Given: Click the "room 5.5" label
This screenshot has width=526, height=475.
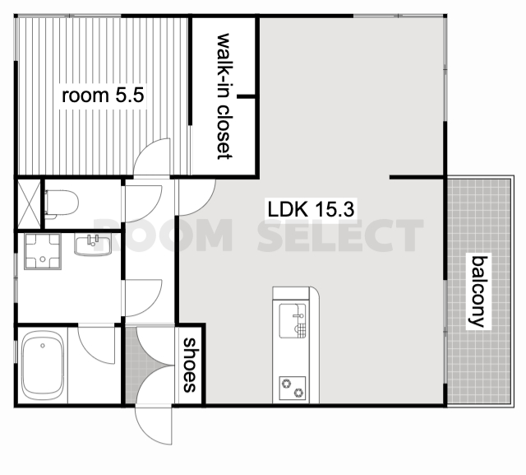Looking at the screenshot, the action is pyautogui.click(x=103, y=95).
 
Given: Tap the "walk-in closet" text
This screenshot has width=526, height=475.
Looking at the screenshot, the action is pyautogui.click(x=224, y=96).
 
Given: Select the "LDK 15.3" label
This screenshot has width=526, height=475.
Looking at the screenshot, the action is pyautogui.click(x=311, y=209).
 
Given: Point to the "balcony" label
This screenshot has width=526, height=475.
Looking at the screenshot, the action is pyautogui.click(x=479, y=291).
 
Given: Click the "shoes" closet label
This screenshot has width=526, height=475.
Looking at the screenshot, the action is pyautogui.click(x=190, y=366).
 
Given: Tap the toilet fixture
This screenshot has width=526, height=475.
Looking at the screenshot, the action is pyautogui.click(x=62, y=204).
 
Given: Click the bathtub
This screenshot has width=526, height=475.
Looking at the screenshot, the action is pyautogui.click(x=43, y=366).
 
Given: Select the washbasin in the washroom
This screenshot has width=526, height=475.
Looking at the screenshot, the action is pyautogui.click(x=93, y=244).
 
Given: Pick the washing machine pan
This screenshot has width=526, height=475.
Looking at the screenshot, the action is pyautogui.click(x=43, y=251).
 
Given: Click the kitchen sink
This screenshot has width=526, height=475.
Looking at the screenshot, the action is pyautogui.click(x=293, y=321).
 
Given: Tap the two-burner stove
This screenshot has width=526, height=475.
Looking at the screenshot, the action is pyautogui.click(x=293, y=388).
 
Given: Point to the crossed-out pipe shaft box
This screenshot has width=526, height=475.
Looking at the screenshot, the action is pyautogui.click(x=30, y=204).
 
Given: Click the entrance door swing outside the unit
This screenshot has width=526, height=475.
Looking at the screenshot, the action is pyautogui.click(x=154, y=426).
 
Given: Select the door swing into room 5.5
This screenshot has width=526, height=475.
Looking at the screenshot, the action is pyautogui.click(x=152, y=156).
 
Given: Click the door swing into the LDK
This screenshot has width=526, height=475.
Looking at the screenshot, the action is pyautogui.click(x=197, y=198).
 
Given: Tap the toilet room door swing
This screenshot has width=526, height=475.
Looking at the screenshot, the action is pyautogui.click(x=143, y=203).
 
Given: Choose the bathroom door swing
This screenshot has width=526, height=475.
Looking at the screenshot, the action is pyautogui.click(x=97, y=345).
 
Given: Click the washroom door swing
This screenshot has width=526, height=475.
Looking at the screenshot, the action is pyautogui.click(x=143, y=298).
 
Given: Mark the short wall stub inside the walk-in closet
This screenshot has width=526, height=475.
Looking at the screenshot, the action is pyautogui.click(x=247, y=97).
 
